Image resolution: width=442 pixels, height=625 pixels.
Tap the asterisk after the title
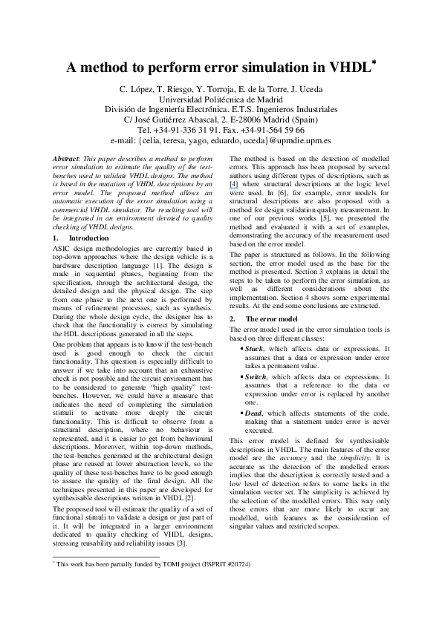pos(374,62)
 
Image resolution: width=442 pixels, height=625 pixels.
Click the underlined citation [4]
pos(235,203)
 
